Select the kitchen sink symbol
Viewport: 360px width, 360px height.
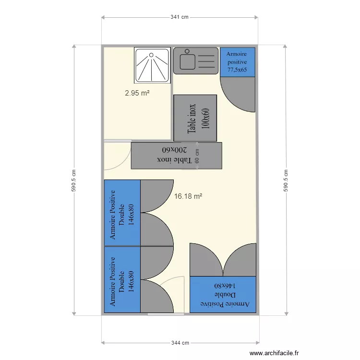coord(195,60)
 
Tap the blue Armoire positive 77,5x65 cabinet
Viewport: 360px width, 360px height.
coord(237,62)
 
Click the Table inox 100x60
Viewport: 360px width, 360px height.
coord(195,118)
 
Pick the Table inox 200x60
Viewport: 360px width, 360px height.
coord(176,155)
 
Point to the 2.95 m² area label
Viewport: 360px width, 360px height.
coord(137,93)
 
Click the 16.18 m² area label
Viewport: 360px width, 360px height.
coord(188,196)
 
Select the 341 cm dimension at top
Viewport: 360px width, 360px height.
coord(180,17)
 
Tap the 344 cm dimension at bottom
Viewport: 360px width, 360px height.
coord(180,343)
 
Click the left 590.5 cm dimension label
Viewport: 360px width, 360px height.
coord(74,180)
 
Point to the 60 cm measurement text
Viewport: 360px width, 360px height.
coord(196,156)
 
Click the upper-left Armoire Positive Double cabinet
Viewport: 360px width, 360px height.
coord(122,213)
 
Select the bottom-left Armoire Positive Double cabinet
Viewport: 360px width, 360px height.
coord(122,280)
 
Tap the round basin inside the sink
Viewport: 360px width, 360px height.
coord(185,61)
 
